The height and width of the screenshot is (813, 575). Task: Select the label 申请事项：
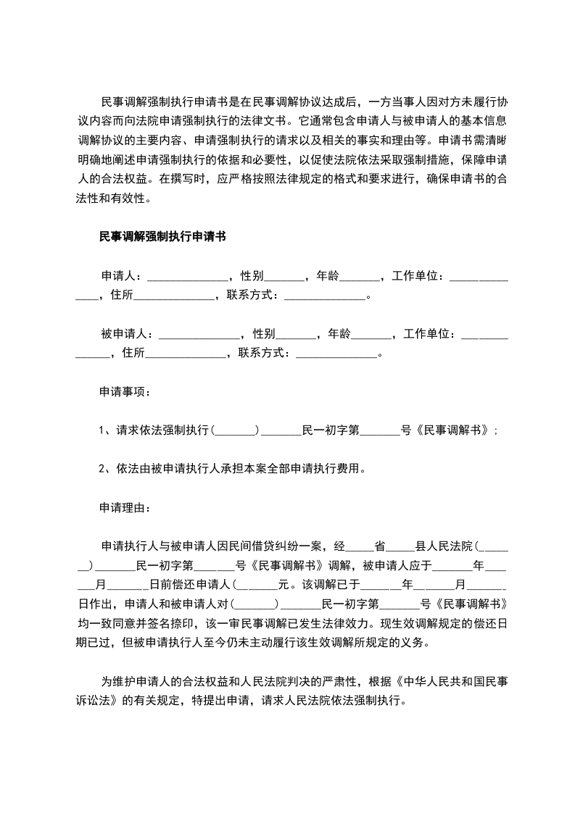pyautogui.click(x=125, y=392)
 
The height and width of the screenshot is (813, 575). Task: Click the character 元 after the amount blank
pyautogui.click(x=284, y=584)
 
